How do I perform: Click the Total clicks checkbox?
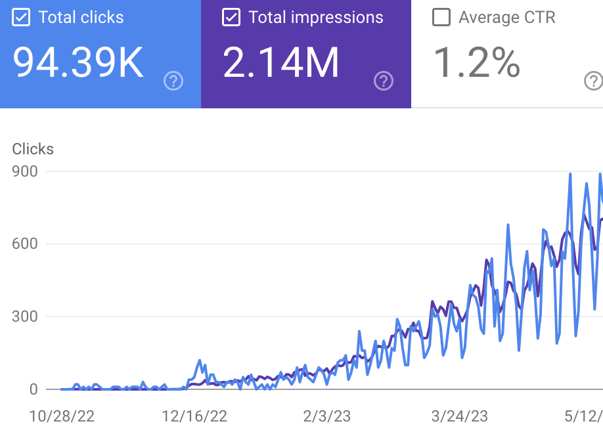pos(22,18)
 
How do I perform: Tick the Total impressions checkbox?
pos(231,18)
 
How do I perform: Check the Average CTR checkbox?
pos(441,18)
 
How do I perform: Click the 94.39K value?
pos(78,63)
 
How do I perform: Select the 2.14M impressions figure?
pos(281,63)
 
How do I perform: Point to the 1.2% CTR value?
pos(477,63)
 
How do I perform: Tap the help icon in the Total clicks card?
pos(173,81)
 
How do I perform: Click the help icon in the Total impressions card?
pos(384,81)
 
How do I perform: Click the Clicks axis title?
pos(33,149)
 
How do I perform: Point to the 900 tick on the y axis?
pos(25,171)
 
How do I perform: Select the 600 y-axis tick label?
pos(25,244)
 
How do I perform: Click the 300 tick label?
pos(25,317)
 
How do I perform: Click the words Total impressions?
pos(316,18)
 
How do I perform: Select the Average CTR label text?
pos(507,18)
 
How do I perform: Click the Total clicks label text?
pos(81,18)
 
